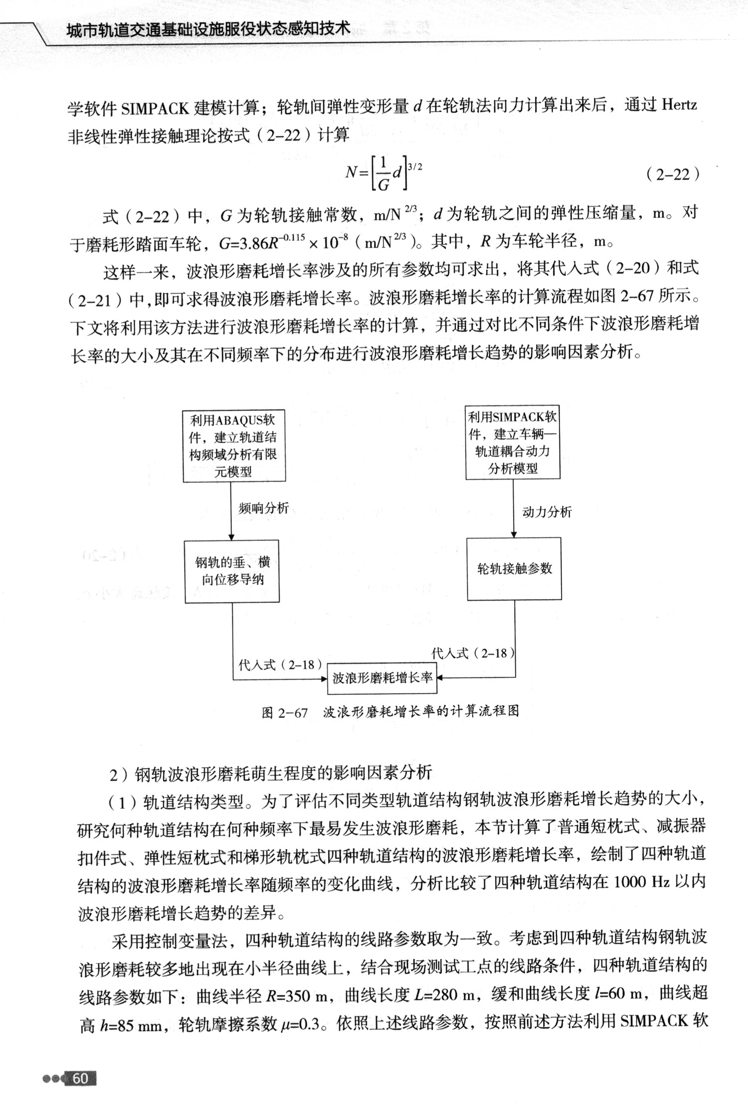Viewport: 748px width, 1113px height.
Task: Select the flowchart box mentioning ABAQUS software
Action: [234, 446]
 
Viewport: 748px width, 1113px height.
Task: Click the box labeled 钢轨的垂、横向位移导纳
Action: [232, 571]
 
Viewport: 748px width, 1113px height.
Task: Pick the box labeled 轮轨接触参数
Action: [514, 569]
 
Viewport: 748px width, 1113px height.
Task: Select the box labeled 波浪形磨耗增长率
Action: [381, 678]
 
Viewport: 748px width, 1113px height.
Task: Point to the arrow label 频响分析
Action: [263, 508]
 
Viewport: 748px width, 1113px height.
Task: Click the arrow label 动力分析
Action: [547, 512]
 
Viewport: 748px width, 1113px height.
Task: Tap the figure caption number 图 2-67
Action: [285, 712]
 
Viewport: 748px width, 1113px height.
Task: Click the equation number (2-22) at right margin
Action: [673, 174]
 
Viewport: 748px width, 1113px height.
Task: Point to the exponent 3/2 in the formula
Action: [415, 167]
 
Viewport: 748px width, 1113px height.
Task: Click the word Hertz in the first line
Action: [679, 106]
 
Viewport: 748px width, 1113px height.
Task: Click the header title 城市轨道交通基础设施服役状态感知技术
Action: [208, 29]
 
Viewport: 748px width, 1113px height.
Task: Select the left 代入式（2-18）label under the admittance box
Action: [279, 665]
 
